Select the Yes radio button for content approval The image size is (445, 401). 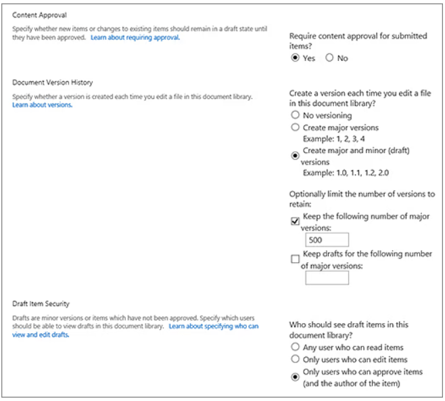[x=295, y=58]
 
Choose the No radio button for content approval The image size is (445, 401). [x=329, y=58]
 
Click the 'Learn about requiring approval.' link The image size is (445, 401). [x=135, y=38]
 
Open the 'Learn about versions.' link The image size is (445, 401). [x=42, y=105]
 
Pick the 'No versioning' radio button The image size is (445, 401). [x=295, y=116]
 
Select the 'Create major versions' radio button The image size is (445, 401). [x=295, y=127]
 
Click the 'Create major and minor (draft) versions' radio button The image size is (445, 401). [x=295, y=155]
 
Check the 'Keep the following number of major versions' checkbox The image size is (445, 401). [x=295, y=221]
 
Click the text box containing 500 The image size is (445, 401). [x=327, y=240]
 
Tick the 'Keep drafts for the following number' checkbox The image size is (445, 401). [x=295, y=259]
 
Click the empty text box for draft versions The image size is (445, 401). [x=327, y=278]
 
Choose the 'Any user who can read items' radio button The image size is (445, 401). [x=295, y=347]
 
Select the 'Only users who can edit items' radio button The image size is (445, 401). [x=295, y=360]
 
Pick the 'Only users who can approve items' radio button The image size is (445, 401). [x=295, y=377]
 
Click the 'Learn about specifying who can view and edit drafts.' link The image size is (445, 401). [x=213, y=326]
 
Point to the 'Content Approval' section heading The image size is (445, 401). [x=40, y=15]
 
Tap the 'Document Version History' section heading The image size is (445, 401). [x=53, y=83]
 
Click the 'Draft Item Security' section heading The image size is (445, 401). [x=41, y=303]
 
